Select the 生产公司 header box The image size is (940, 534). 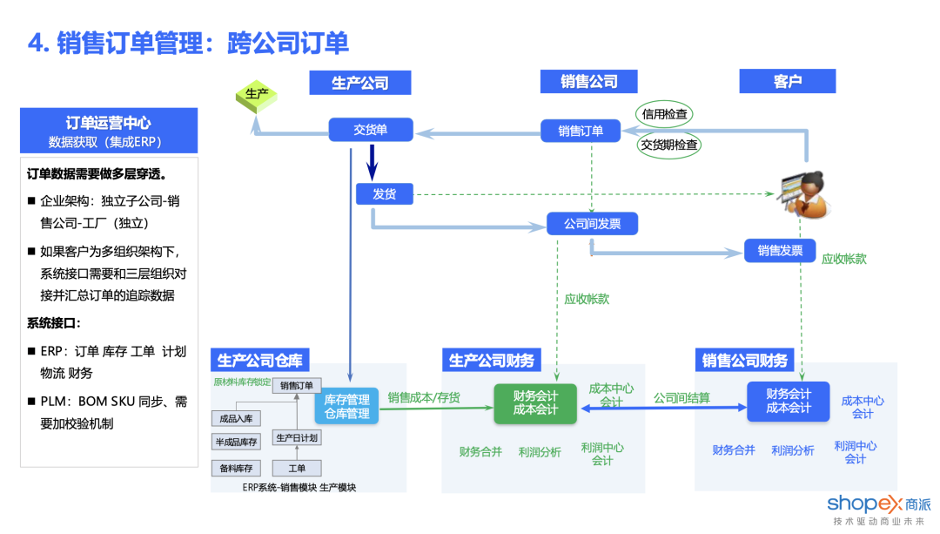tap(359, 82)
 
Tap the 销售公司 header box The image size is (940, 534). tap(588, 81)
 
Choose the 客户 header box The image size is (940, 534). tap(787, 81)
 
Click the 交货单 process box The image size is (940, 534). tap(370, 130)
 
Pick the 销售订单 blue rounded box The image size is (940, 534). tap(581, 131)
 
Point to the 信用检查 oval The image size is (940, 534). tap(664, 113)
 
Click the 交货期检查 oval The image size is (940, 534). tap(668, 145)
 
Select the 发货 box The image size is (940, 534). tap(384, 193)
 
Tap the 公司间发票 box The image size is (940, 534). tap(592, 224)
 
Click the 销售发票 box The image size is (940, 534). tap(780, 251)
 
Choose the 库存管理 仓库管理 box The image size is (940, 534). tap(346, 406)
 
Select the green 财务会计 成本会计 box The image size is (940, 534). tap(535, 402)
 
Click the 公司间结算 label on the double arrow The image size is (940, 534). tap(681, 397)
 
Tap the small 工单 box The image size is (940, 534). tap(297, 468)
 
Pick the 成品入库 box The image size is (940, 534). tap(235, 419)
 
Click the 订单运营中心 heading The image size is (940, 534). tap(108, 122)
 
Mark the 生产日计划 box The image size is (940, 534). tap(297, 437)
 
